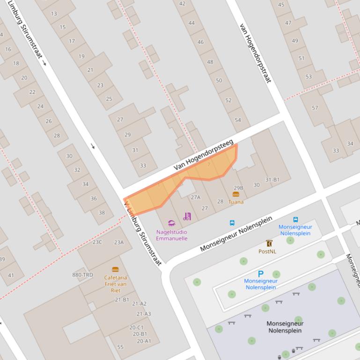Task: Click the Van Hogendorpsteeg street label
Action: point(204,155)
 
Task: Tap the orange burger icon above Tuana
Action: point(236,194)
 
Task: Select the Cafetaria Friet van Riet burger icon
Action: point(115,269)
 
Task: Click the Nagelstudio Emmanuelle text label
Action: point(171,235)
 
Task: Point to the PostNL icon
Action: point(269,243)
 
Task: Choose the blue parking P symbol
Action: point(261,274)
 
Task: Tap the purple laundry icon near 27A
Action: point(187,216)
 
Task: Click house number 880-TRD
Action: point(82,275)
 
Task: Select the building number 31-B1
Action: point(272,180)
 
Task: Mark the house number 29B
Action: point(238,188)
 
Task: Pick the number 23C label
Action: point(97,242)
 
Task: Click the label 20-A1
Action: point(144,341)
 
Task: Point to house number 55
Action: point(120,347)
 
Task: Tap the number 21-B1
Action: point(122,300)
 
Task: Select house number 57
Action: point(315,108)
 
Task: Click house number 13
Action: point(54,14)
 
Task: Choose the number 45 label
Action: point(281,5)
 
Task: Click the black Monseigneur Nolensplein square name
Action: point(285,327)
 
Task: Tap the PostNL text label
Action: point(267,252)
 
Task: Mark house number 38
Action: point(102,213)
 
